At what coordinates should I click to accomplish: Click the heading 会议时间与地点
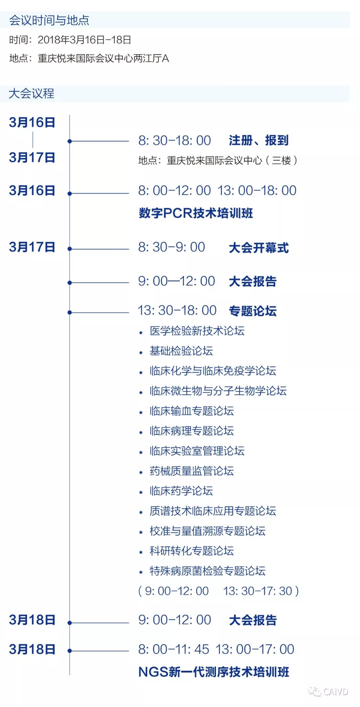[x=49, y=20]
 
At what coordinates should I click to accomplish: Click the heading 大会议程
[x=31, y=93]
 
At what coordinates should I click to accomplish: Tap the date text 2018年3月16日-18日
[x=84, y=40]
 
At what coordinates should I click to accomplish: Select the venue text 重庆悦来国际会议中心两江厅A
[x=103, y=59]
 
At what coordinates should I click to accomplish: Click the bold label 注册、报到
[x=258, y=140]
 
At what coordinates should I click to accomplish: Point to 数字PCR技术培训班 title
[x=196, y=213]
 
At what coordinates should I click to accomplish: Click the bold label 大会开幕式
[x=259, y=248]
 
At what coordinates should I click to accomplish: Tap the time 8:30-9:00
[x=172, y=247]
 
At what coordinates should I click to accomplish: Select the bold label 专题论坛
[x=253, y=311]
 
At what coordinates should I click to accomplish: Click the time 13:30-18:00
[x=177, y=310]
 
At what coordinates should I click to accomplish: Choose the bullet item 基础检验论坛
[x=181, y=351]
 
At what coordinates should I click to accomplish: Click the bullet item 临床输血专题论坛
[x=192, y=411]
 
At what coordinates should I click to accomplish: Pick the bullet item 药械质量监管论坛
[x=192, y=471]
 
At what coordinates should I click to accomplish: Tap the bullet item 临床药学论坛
[x=181, y=491]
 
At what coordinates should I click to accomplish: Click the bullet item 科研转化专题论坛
[x=192, y=551]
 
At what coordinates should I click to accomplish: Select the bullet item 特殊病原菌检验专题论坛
[x=207, y=571]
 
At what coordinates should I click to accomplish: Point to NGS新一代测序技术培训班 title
[x=214, y=672]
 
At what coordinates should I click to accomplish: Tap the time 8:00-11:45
[x=174, y=649]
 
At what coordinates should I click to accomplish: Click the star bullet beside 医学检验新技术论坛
[x=141, y=332]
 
